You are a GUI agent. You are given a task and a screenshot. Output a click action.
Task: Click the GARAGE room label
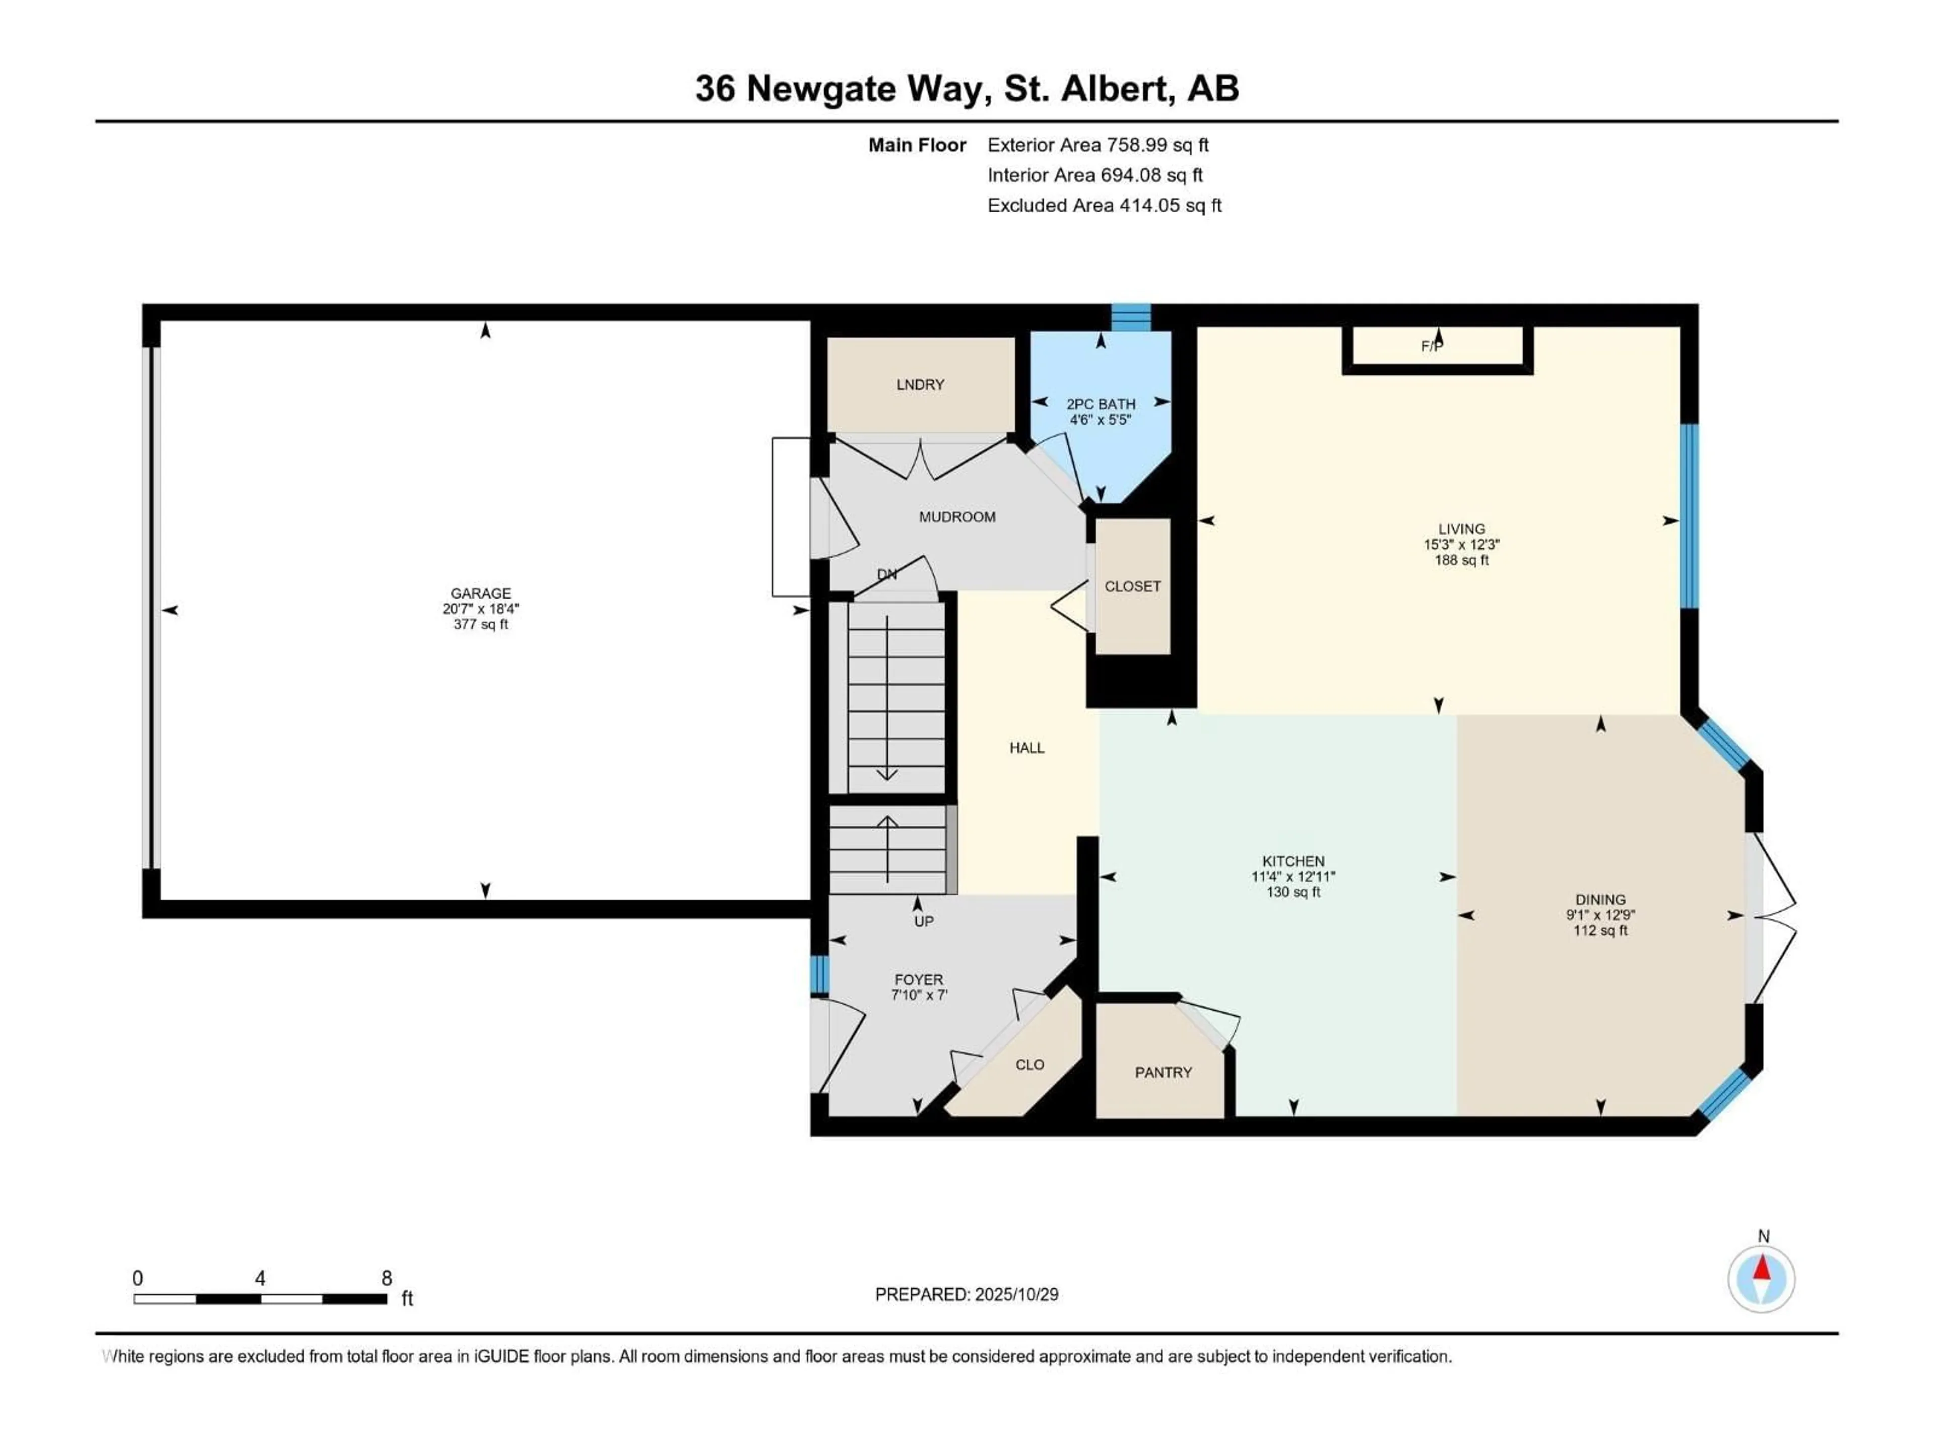(x=480, y=593)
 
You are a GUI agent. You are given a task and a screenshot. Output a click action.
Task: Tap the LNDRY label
(x=920, y=385)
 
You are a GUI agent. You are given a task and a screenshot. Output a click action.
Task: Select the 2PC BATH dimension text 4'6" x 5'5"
(x=1101, y=420)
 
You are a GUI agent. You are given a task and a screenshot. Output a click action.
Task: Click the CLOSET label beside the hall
(x=1132, y=586)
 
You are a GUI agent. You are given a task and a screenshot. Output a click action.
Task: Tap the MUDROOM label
(x=957, y=517)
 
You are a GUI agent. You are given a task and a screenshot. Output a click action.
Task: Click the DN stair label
(x=887, y=575)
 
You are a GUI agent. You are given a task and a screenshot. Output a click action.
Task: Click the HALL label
(x=1027, y=748)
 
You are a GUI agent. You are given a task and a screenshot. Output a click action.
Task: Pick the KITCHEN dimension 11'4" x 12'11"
(x=1293, y=876)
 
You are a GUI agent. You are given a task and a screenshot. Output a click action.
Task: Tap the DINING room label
(x=1600, y=899)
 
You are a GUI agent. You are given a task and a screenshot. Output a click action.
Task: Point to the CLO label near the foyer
(x=1029, y=1065)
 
